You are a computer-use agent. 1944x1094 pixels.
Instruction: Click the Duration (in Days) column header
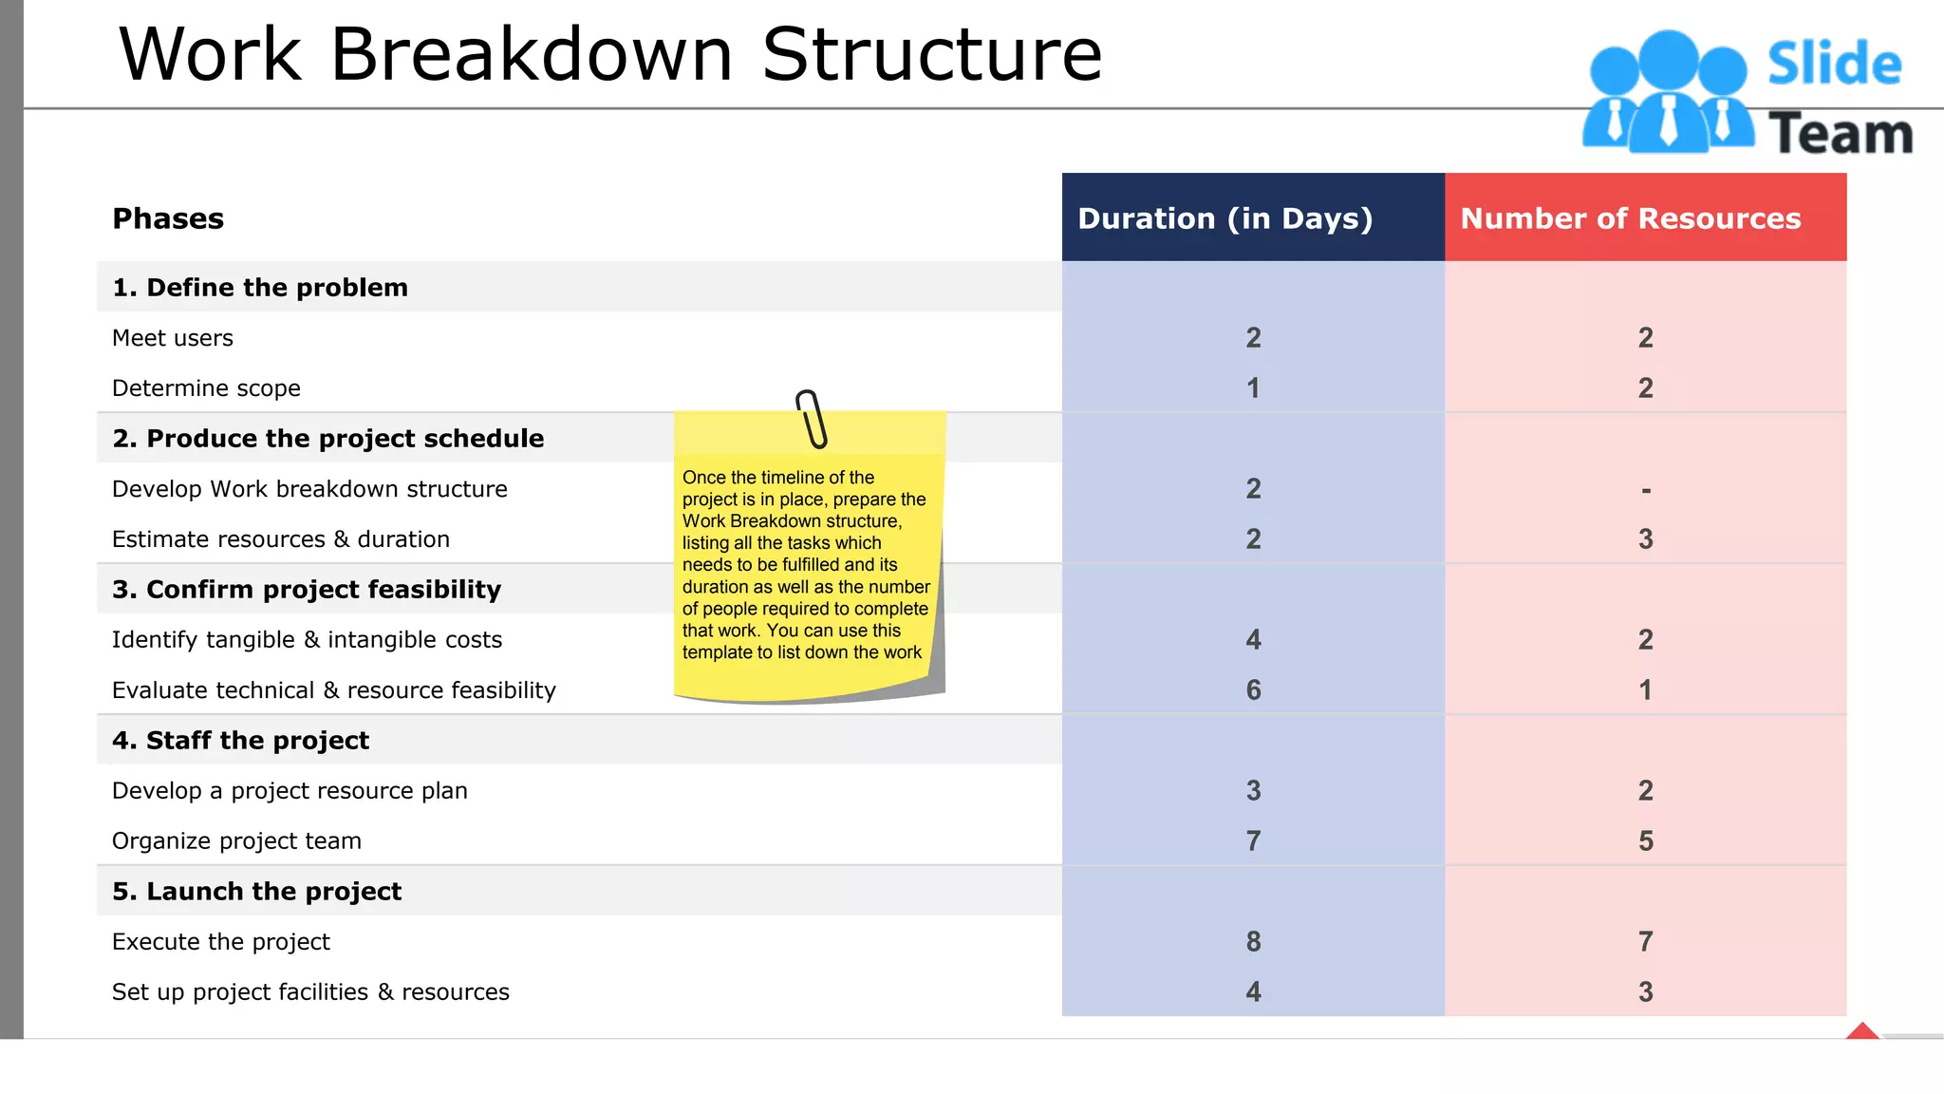pos(1224,218)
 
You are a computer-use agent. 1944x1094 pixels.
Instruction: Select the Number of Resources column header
pos(1630,218)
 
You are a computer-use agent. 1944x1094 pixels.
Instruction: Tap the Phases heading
pos(168,218)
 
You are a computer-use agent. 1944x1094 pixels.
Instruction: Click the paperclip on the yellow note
pos(811,418)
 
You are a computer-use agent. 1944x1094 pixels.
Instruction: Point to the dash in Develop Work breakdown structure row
pos(1645,490)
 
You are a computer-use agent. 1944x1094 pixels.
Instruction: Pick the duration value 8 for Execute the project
pos(1253,941)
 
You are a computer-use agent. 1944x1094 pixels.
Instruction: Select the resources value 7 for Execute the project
pos(1645,941)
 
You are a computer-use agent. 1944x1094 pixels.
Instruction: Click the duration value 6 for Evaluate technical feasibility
pos(1253,689)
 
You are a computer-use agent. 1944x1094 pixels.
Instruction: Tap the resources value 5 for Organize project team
pos(1645,840)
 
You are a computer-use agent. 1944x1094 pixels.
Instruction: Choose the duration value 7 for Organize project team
pos(1253,840)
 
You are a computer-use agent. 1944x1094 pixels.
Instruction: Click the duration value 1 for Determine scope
pos(1253,387)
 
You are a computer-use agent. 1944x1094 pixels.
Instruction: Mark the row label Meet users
pos(173,338)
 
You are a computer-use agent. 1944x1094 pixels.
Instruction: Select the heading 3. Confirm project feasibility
pos(306,589)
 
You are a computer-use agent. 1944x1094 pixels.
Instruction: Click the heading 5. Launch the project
pos(256,891)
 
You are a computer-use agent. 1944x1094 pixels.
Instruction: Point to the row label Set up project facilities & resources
pos(310,991)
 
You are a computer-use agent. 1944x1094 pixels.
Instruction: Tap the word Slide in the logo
pos(1834,65)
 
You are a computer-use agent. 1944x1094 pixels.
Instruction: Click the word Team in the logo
pos(1840,133)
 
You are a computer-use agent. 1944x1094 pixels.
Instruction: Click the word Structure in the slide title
pos(931,54)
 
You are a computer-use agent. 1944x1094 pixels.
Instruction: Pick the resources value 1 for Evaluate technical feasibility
pos(1645,689)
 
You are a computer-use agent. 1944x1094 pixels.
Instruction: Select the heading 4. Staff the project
pos(240,740)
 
